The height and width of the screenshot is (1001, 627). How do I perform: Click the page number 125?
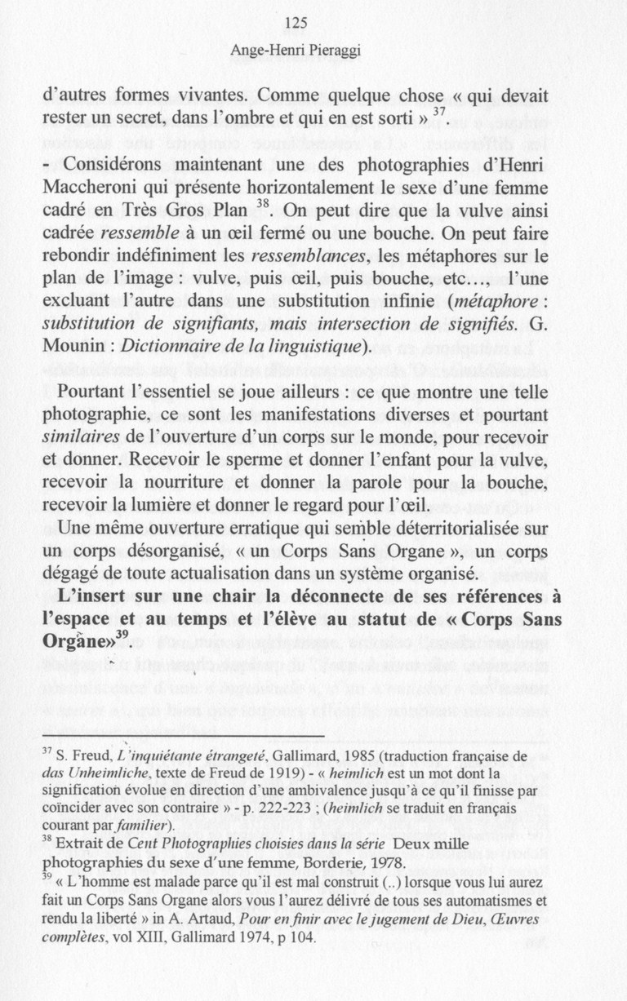point(297,24)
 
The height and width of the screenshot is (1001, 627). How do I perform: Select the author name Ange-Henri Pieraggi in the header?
point(296,51)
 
